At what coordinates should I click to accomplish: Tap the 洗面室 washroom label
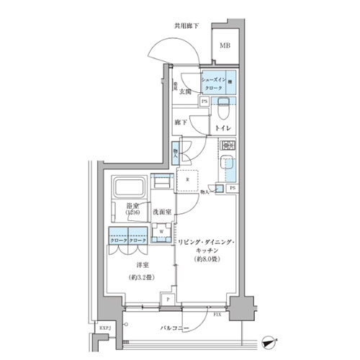click(162, 212)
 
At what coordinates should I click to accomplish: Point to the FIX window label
click(217, 315)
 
